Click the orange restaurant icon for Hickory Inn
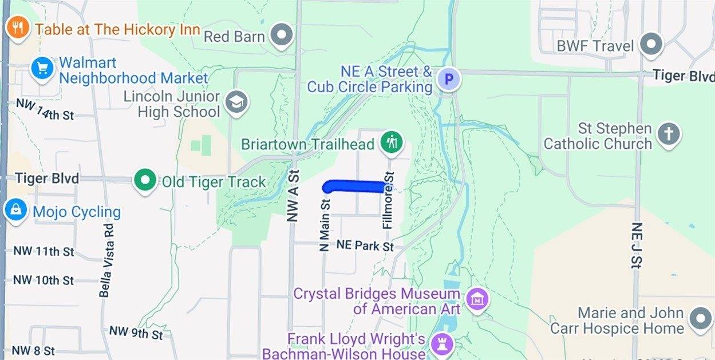(x=18, y=28)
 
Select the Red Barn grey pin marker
(x=281, y=36)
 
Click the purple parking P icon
(x=449, y=80)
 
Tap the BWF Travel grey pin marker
(x=651, y=45)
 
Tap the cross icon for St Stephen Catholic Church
(x=668, y=134)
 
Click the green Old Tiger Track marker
(x=145, y=181)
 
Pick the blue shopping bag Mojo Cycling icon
(x=14, y=211)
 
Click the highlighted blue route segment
(x=355, y=186)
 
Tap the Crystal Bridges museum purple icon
(x=477, y=299)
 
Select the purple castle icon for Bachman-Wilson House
(x=442, y=344)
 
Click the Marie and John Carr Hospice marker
(x=700, y=319)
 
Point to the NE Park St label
(x=365, y=246)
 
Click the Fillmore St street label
(x=389, y=200)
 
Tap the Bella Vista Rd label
(x=105, y=260)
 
